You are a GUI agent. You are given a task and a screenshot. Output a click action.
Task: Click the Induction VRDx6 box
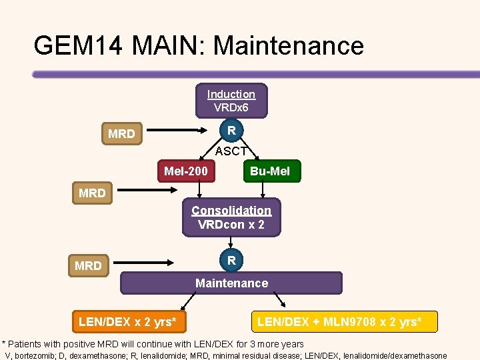(x=231, y=101)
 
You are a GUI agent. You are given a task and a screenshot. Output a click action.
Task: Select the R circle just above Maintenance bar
(x=231, y=261)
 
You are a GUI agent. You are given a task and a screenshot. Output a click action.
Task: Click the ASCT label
(x=231, y=151)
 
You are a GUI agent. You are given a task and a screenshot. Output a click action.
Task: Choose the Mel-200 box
(x=186, y=171)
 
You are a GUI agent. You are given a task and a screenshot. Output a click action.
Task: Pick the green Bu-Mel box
(x=270, y=171)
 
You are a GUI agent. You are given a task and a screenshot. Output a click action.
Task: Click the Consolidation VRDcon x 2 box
(x=231, y=217)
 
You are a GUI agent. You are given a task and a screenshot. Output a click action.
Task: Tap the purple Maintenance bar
(x=231, y=283)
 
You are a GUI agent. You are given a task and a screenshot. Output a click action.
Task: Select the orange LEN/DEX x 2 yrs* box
(x=127, y=322)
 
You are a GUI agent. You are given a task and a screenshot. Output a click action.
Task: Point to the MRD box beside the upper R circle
(x=121, y=134)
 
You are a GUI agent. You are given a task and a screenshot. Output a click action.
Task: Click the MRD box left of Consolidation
(x=92, y=193)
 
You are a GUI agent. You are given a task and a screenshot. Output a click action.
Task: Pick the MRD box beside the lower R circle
(x=88, y=266)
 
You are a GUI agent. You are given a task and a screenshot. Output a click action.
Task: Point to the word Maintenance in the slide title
(x=289, y=45)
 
